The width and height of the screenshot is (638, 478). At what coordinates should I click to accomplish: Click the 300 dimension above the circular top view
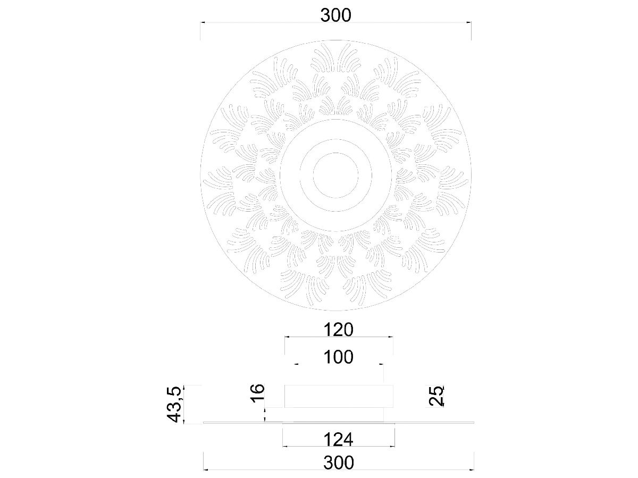click(x=335, y=15)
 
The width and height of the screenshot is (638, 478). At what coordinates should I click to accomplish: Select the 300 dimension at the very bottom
click(x=338, y=463)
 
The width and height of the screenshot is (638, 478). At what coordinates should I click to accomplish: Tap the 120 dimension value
click(x=339, y=330)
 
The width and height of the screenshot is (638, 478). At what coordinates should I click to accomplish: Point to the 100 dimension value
click(x=339, y=357)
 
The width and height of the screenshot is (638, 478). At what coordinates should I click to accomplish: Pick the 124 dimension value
click(x=339, y=439)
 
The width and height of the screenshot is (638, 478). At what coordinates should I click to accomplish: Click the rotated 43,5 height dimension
click(x=175, y=404)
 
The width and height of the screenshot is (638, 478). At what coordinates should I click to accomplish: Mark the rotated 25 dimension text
click(x=436, y=396)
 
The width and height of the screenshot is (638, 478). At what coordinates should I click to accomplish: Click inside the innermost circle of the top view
click(x=335, y=175)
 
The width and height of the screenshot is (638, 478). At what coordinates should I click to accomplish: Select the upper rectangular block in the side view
click(x=339, y=396)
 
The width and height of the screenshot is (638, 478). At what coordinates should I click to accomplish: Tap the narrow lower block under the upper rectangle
click(x=324, y=415)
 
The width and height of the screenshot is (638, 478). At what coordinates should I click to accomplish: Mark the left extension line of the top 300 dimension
click(x=200, y=31)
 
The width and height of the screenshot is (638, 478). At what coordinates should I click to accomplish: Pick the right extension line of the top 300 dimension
click(x=471, y=31)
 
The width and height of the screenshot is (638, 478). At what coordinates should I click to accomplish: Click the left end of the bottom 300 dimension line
click(x=205, y=470)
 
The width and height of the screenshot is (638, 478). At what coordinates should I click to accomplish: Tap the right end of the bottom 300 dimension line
click(x=473, y=470)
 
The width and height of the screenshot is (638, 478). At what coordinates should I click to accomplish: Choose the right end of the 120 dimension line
click(x=392, y=337)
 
